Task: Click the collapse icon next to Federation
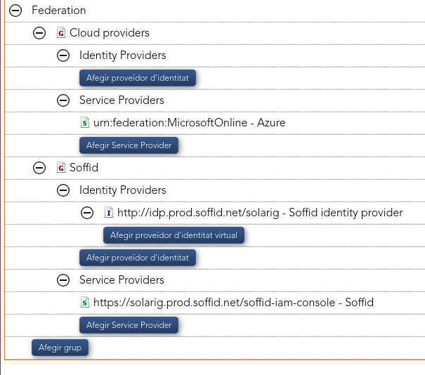[15, 11]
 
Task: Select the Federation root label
[59, 11]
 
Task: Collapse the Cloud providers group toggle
[39, 33]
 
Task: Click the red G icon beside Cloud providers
[61, 33]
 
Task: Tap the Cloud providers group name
[110, 33]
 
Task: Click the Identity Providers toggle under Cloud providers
[63, 55]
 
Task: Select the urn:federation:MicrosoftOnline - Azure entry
[189, 122]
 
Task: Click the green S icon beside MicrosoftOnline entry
[85, 122]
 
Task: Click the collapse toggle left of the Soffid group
[39, 168]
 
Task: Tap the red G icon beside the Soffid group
[61, 167]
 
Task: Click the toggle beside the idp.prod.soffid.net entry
[87, 213]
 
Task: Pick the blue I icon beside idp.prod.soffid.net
[109, 212]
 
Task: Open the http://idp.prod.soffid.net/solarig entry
[260, 213]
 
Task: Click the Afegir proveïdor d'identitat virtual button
[174, 235]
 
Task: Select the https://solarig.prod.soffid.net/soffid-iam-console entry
[233, 303]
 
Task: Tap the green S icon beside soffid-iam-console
[85, 302]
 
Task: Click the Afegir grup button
[60, 348]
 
